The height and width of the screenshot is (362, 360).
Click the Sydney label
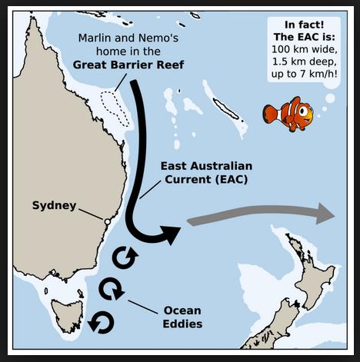pos(53,205)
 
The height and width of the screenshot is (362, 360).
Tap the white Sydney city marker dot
pos(107,221)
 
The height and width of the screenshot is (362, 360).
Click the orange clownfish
pos(289,115)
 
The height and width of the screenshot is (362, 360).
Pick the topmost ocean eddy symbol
pos(125,257)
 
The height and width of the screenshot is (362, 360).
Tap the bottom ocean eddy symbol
pos(101,322)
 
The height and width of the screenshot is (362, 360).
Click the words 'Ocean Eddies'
pos(182,317)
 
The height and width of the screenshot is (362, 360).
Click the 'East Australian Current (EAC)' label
pos(205,173)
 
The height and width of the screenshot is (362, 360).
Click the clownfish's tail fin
pos(269,114)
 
